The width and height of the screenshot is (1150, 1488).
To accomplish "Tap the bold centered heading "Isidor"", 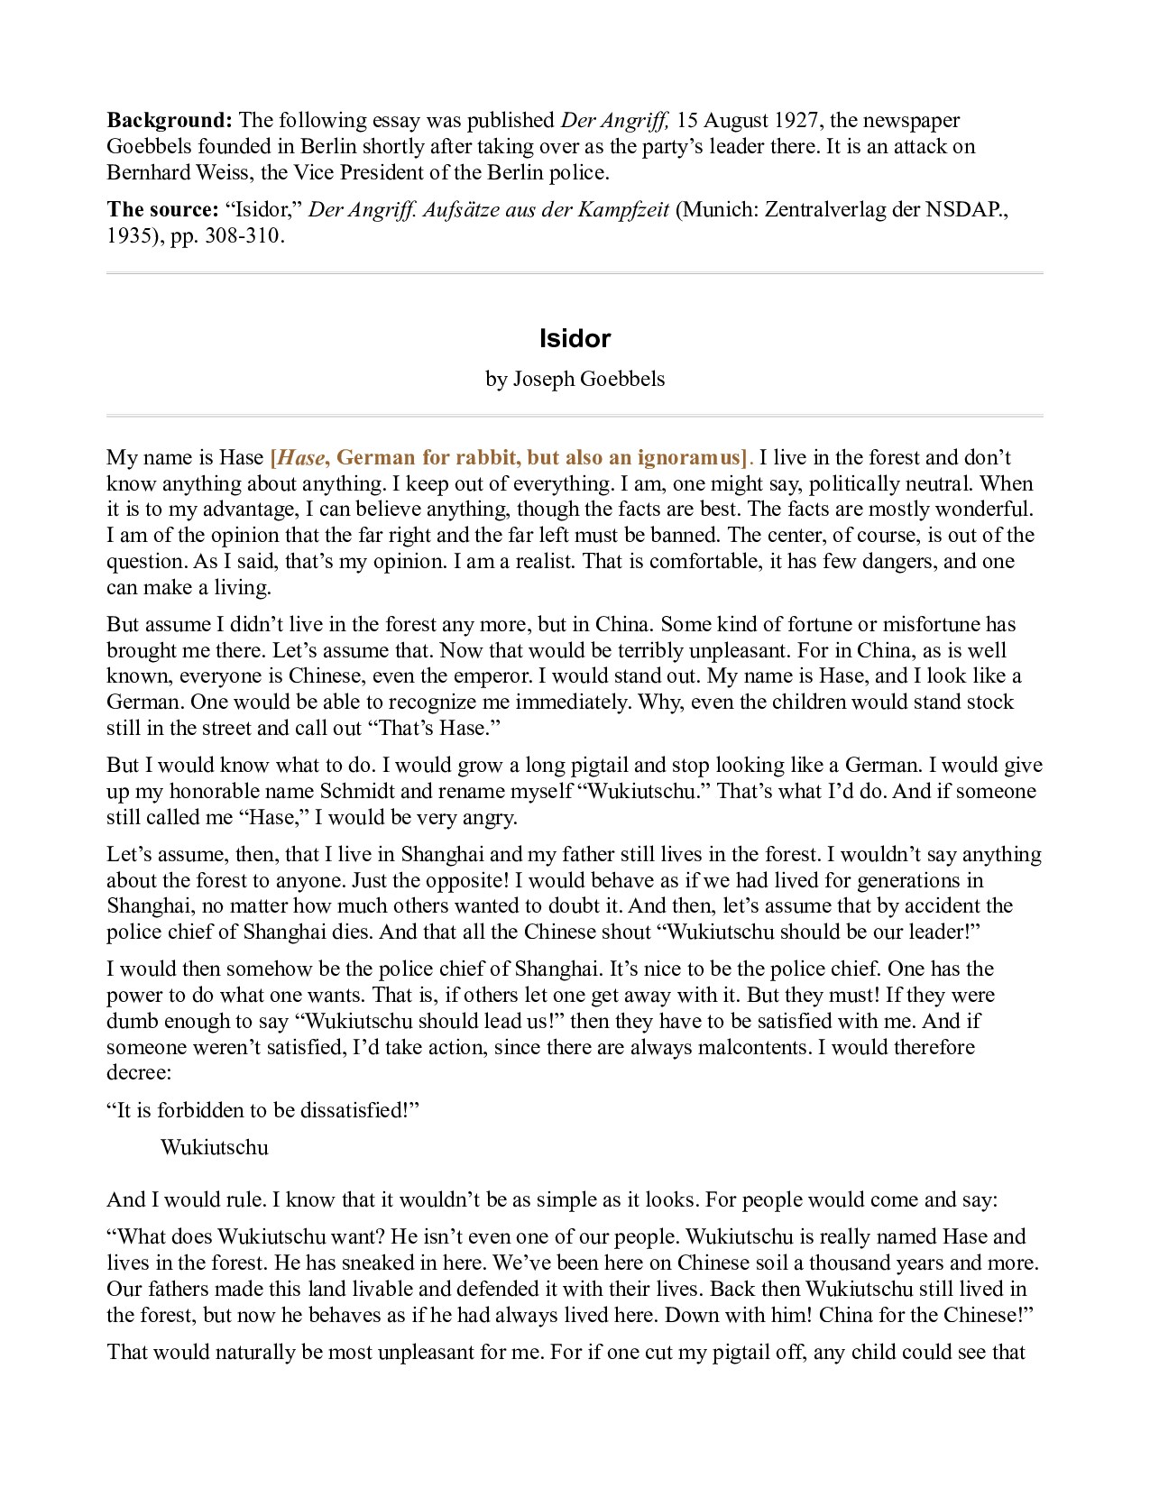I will pyautogui.click(x=575, y=339).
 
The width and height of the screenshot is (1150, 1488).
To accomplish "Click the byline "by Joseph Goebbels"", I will pyautogui.click(x=575, y=379).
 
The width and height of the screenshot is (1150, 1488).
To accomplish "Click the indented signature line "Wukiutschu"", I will pyautogui.click(x=215, y=1148).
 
